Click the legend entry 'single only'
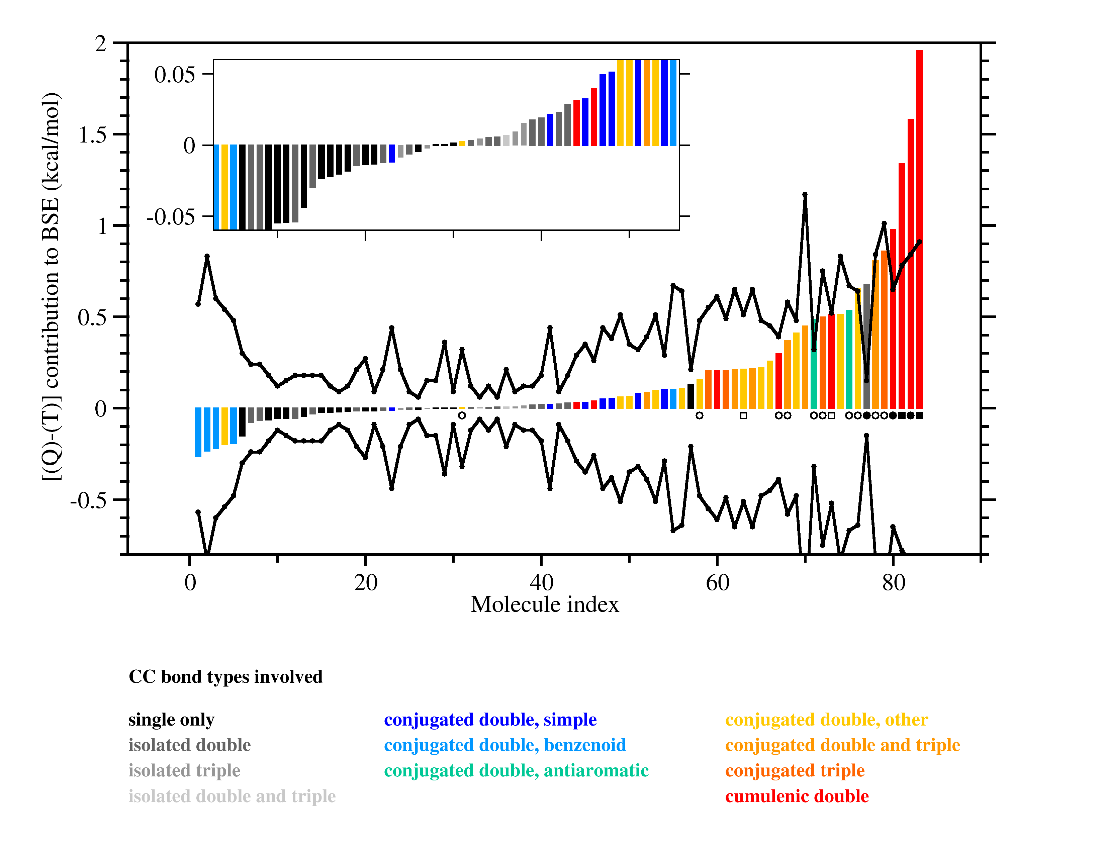tap(171, 720)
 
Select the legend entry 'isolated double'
tap(190, 745)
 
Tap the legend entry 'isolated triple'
tap(184, 771)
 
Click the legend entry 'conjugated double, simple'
tap(490, 720)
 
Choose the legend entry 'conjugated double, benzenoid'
tap(505, 745)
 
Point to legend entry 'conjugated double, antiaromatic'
tap(516, 771)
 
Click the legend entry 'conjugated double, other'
tap(826, 720)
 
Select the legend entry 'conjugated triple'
tap(795, 771)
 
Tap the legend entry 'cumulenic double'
tap(797, 796)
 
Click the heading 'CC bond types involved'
tap(225, 677)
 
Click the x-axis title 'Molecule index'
tap(544, 604)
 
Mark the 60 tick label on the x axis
tap(717, 583)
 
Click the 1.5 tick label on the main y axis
tap(93, 135)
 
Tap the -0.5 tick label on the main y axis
tap(88, 500)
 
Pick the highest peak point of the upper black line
tap(805, 194)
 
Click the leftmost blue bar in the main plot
tap(198, 432)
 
